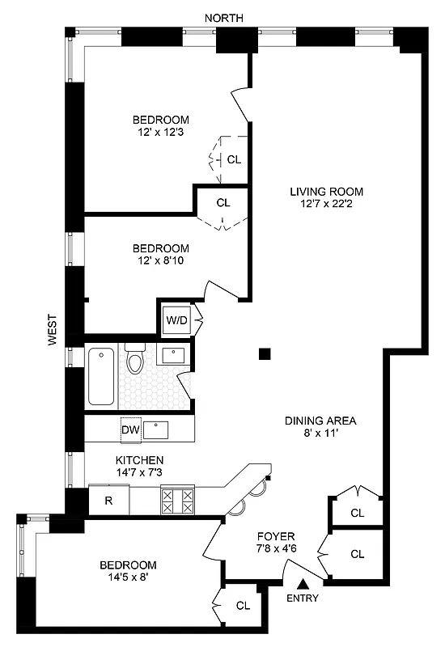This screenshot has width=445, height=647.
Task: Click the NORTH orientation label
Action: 223,18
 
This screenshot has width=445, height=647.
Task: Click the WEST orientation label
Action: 52,330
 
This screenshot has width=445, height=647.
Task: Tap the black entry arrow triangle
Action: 303,584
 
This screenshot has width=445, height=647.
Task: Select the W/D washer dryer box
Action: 176,319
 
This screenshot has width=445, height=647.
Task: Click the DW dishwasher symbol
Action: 130,429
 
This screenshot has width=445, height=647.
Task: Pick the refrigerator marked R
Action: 108,500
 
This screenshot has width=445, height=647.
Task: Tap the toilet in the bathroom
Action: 134,359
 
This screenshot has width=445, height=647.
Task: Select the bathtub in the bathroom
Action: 101,376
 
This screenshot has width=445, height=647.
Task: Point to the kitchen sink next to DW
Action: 157,429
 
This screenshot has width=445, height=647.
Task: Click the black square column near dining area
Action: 265,353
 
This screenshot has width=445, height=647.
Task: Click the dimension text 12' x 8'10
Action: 162,261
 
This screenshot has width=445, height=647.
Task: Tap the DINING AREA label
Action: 320,421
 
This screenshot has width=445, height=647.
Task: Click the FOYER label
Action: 276,536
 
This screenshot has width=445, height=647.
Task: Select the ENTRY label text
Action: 302,598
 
